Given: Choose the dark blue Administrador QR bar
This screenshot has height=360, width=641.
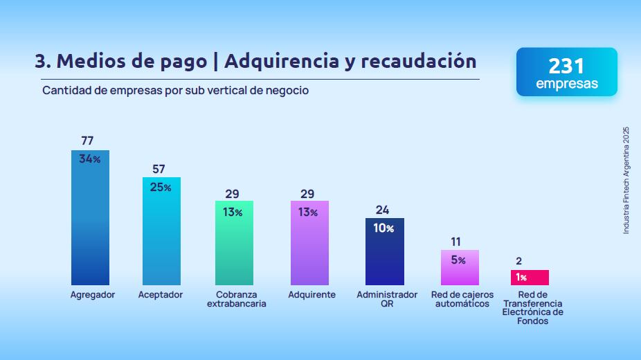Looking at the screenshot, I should pyautogui.click(x=385, y=252).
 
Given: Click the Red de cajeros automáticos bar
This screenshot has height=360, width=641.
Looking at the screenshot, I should pyautogui.click(x=460, y=268).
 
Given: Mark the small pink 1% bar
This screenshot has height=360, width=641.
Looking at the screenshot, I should pyautogui.click(x=530, y=278).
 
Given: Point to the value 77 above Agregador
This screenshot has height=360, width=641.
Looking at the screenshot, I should pyautogui.click(x=87, y=141).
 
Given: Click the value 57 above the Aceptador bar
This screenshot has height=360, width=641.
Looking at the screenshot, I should pyautogui.click(x=160, y=169).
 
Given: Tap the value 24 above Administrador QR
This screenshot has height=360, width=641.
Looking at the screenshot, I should pyautogui.click(x=383, y=210).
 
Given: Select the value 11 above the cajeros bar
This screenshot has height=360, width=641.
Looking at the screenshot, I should pyautogui.click(x=455, y=242).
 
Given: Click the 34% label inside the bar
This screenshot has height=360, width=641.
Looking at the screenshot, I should pyautogui.click(x=90, y=159).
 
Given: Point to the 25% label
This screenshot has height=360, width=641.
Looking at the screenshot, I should pyautogui.click(x=161, y=188).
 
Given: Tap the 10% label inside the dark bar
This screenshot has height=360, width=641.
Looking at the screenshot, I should pyautogui.click(x=384, y=228).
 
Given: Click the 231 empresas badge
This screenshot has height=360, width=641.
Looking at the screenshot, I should pyautogui.click(x=566, y=72).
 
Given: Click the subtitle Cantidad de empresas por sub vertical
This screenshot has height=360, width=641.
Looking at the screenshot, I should pyautogui.click(x=175, y=91).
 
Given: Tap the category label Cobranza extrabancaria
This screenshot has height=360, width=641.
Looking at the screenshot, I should pyautogui.click(x=236, y=299).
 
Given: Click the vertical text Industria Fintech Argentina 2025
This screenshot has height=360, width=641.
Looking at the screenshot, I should pyautogui.click(x=626, y=180).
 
